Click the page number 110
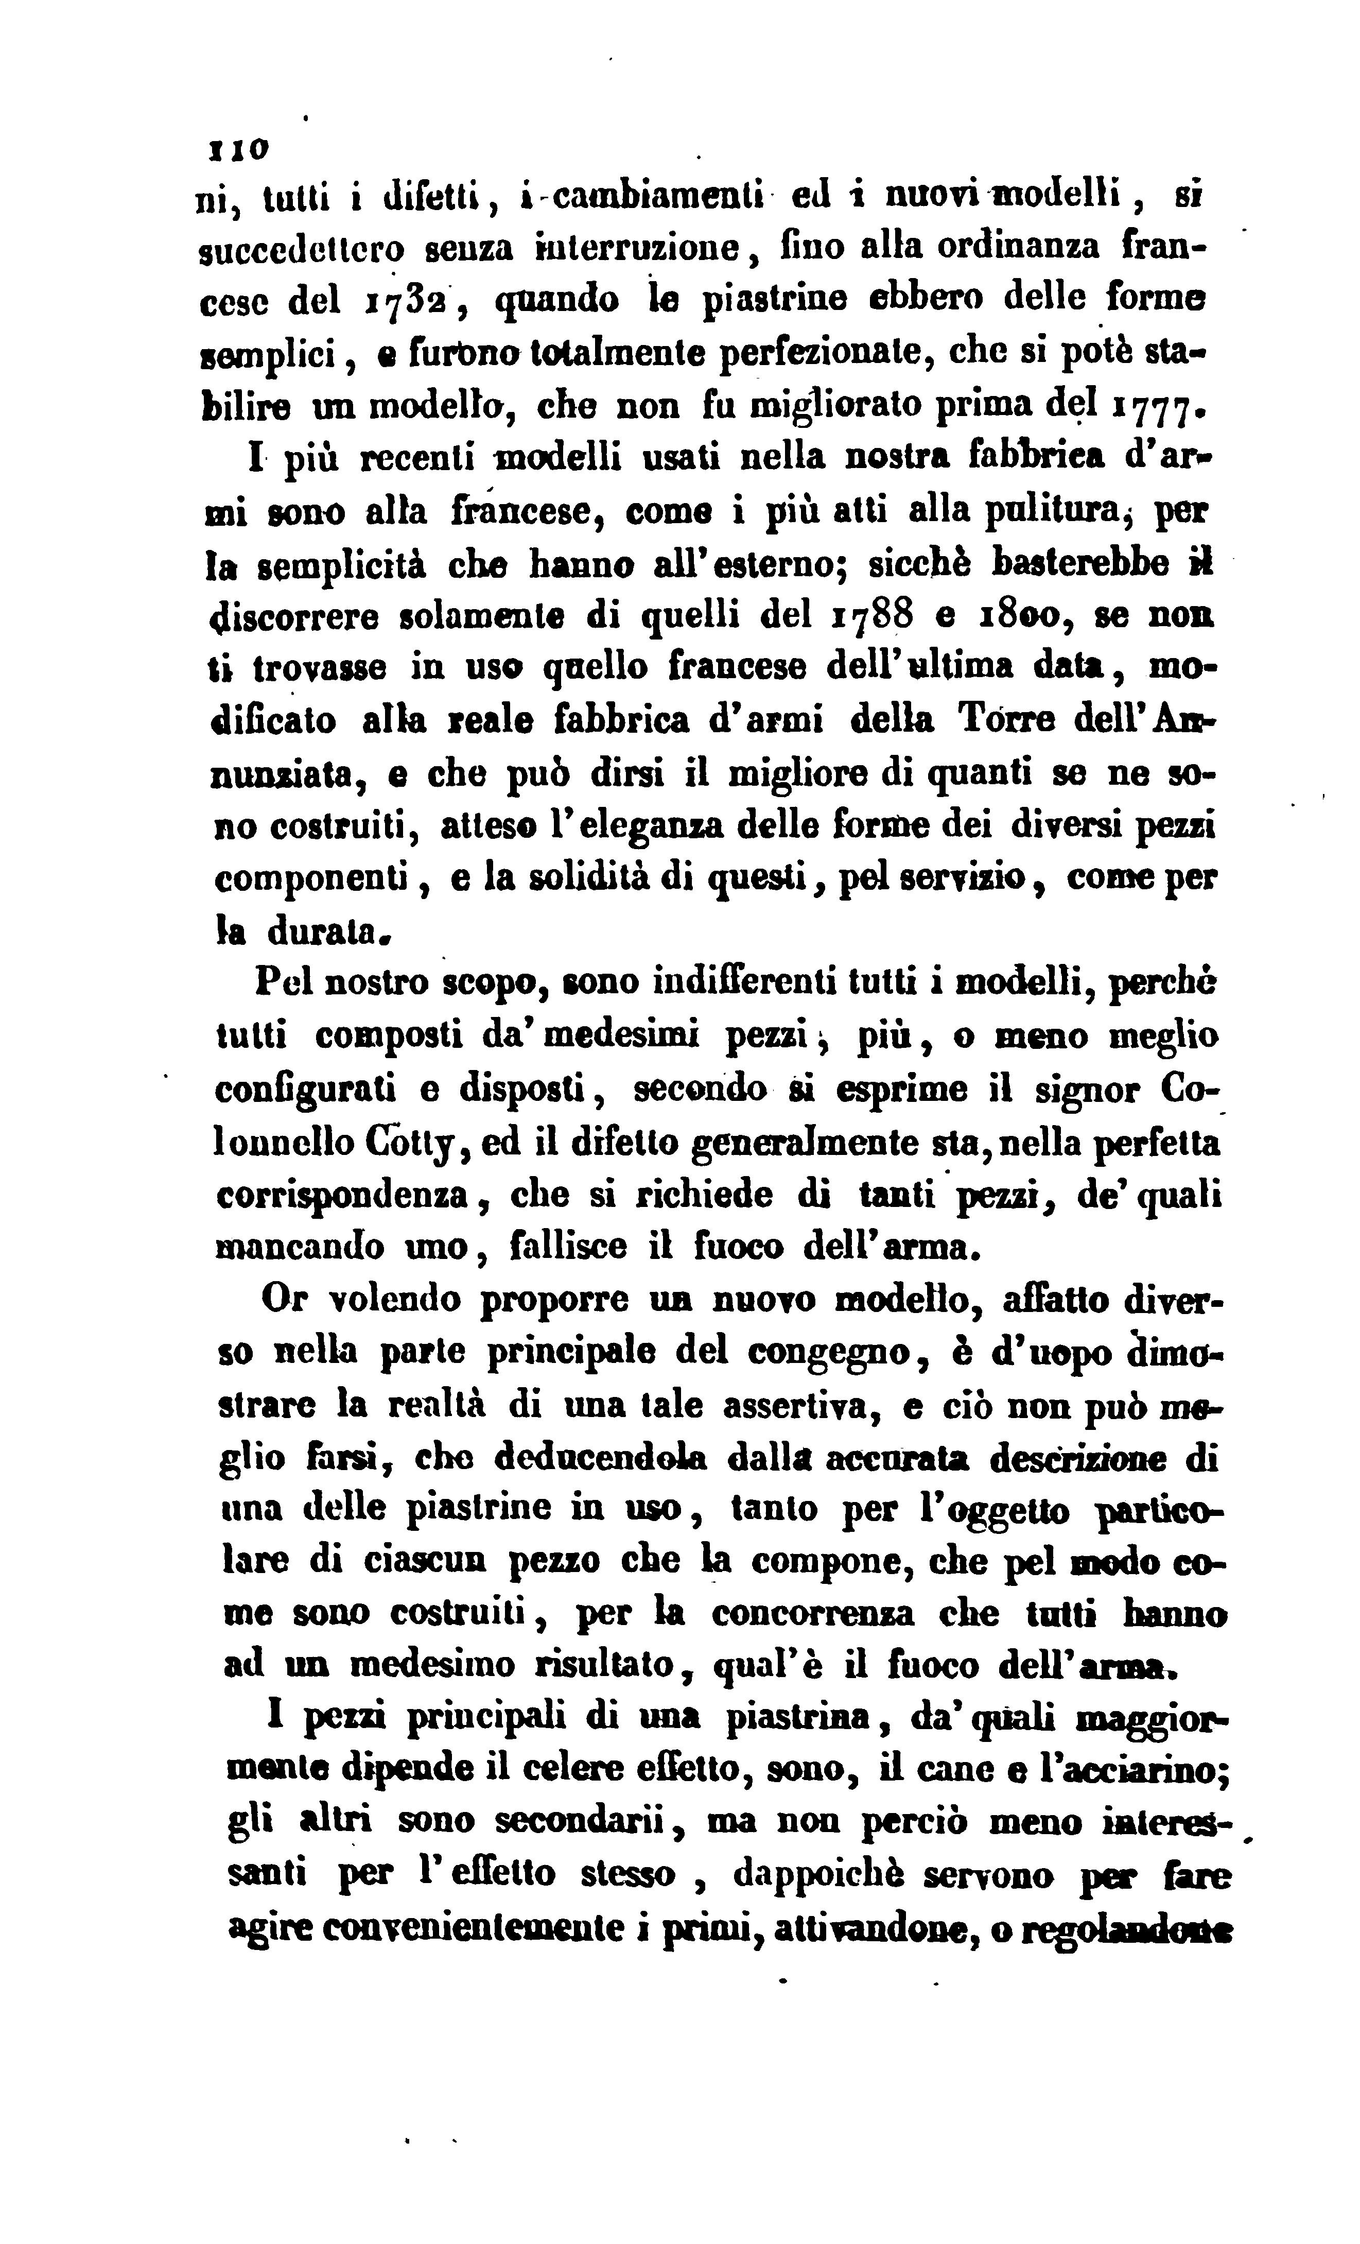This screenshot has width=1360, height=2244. [238, 147]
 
